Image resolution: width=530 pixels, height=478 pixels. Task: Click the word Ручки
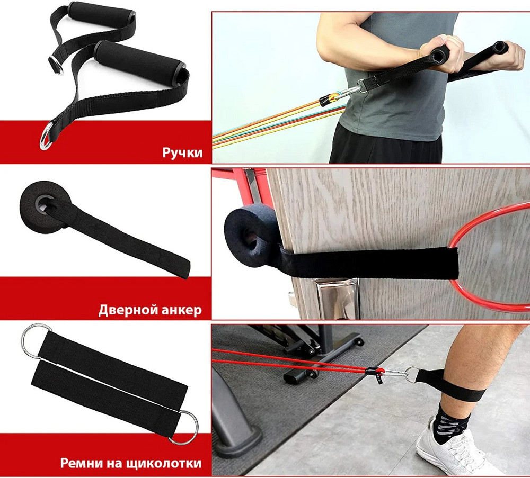(182, 152)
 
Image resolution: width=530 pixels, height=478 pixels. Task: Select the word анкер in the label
(181, 310)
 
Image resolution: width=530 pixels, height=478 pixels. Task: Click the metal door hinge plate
(337, 299)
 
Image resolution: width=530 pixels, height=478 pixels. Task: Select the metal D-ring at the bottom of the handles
(46, 136)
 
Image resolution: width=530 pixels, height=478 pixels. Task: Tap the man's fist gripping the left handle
(439, 51)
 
